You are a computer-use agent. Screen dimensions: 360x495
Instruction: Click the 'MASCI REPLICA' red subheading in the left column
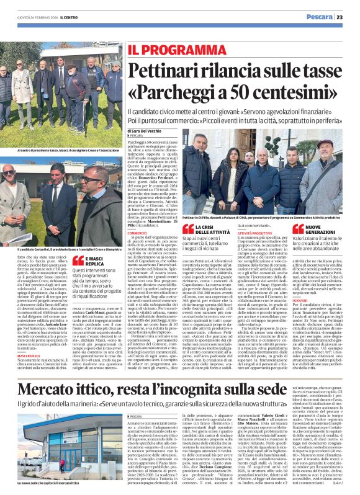coord(30,321)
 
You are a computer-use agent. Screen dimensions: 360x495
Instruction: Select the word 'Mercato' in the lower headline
coord(48,373)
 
